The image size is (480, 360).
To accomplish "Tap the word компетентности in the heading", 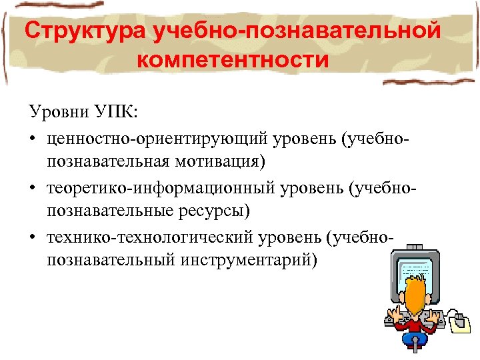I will tap(233, 61).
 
